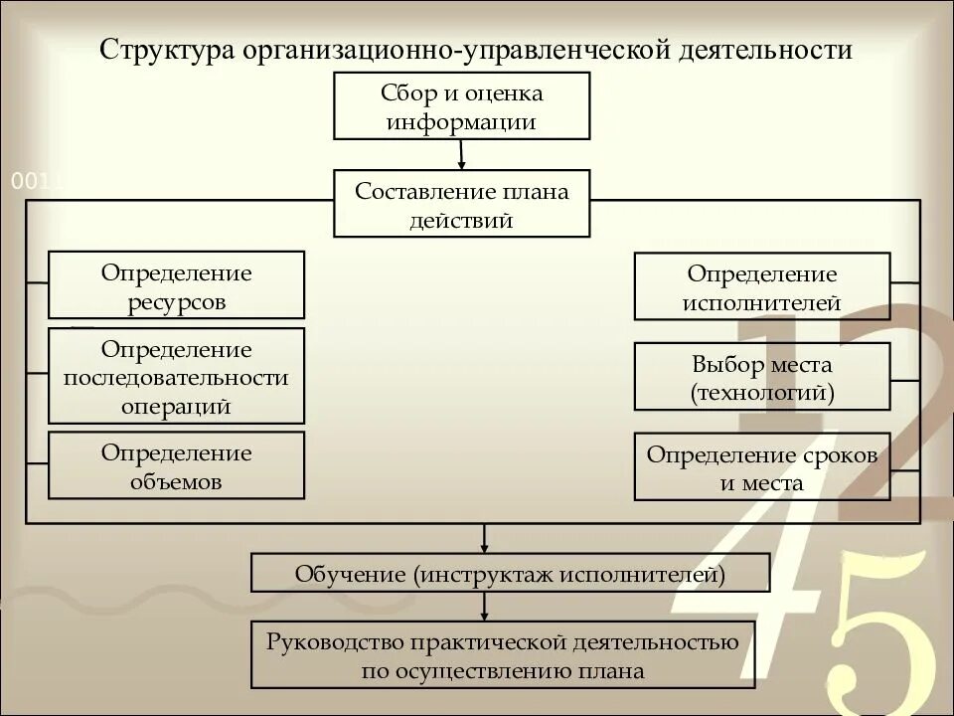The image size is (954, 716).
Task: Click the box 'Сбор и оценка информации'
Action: click(x=462, y=106)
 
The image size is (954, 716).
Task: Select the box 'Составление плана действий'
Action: click(x=462, y=204)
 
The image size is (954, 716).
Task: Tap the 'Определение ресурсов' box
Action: click(x=176, y=285)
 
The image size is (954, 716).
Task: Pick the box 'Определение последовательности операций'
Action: click(x=176, y=376)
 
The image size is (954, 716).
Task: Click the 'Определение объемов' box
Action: click(x=176, y=465)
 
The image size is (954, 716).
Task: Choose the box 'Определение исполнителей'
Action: click(x=762, y=286)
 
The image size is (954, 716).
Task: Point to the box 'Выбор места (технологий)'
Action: click(x=762, y=377)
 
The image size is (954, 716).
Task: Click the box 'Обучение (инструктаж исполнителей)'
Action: click(x=510, y=574)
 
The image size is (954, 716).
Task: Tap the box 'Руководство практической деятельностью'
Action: click(x=502, y=654)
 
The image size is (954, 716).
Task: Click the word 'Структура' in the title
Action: click(x=163, y=50)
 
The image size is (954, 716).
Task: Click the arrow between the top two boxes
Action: click(x=462, y=154)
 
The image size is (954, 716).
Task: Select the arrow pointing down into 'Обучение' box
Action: click(x=484, y=539)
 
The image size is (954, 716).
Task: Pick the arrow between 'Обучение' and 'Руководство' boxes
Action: click(x=484, y=607)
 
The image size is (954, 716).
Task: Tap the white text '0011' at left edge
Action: click(x=36, y=182)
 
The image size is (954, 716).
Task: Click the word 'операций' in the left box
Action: click(x=176, y=407)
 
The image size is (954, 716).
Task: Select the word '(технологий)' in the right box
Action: click(x=762, y=394)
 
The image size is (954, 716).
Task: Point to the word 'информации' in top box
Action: click(x=462, y=122)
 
